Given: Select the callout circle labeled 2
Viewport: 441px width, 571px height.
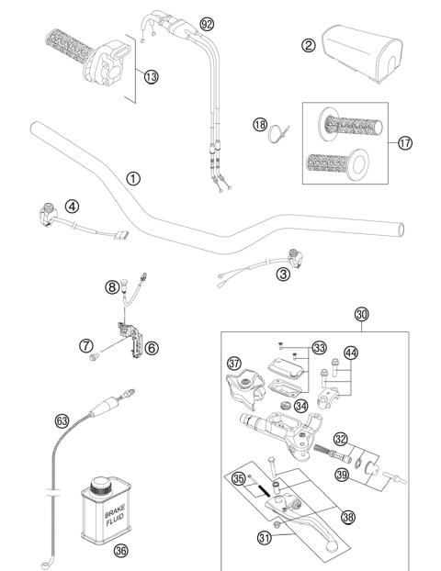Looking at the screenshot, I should (x=310, y=45).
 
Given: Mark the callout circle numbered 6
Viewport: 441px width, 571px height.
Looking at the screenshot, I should (x=151, y=347).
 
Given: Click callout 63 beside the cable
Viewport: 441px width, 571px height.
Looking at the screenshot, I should (x=62, y=421).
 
